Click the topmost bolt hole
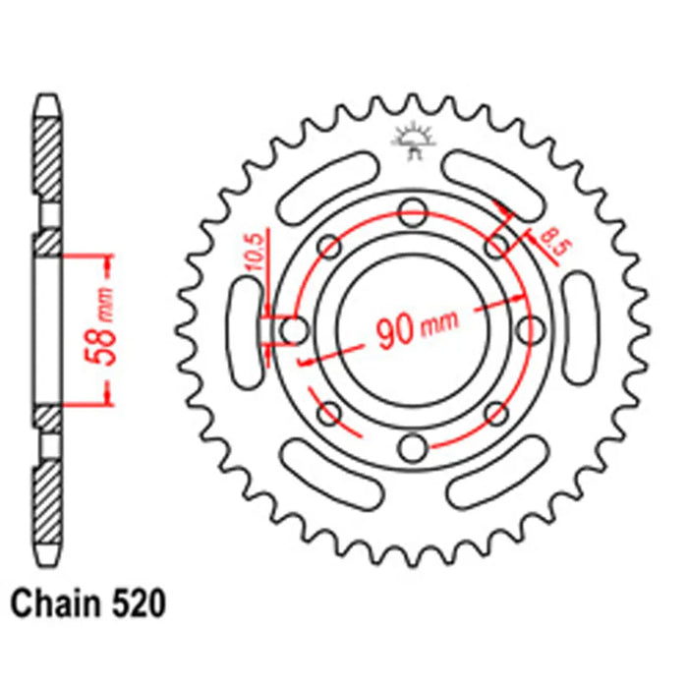pos(413,208)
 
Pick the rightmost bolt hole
pos(534,328)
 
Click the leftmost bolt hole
pos(293,328)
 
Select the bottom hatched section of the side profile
pos(48,506)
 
